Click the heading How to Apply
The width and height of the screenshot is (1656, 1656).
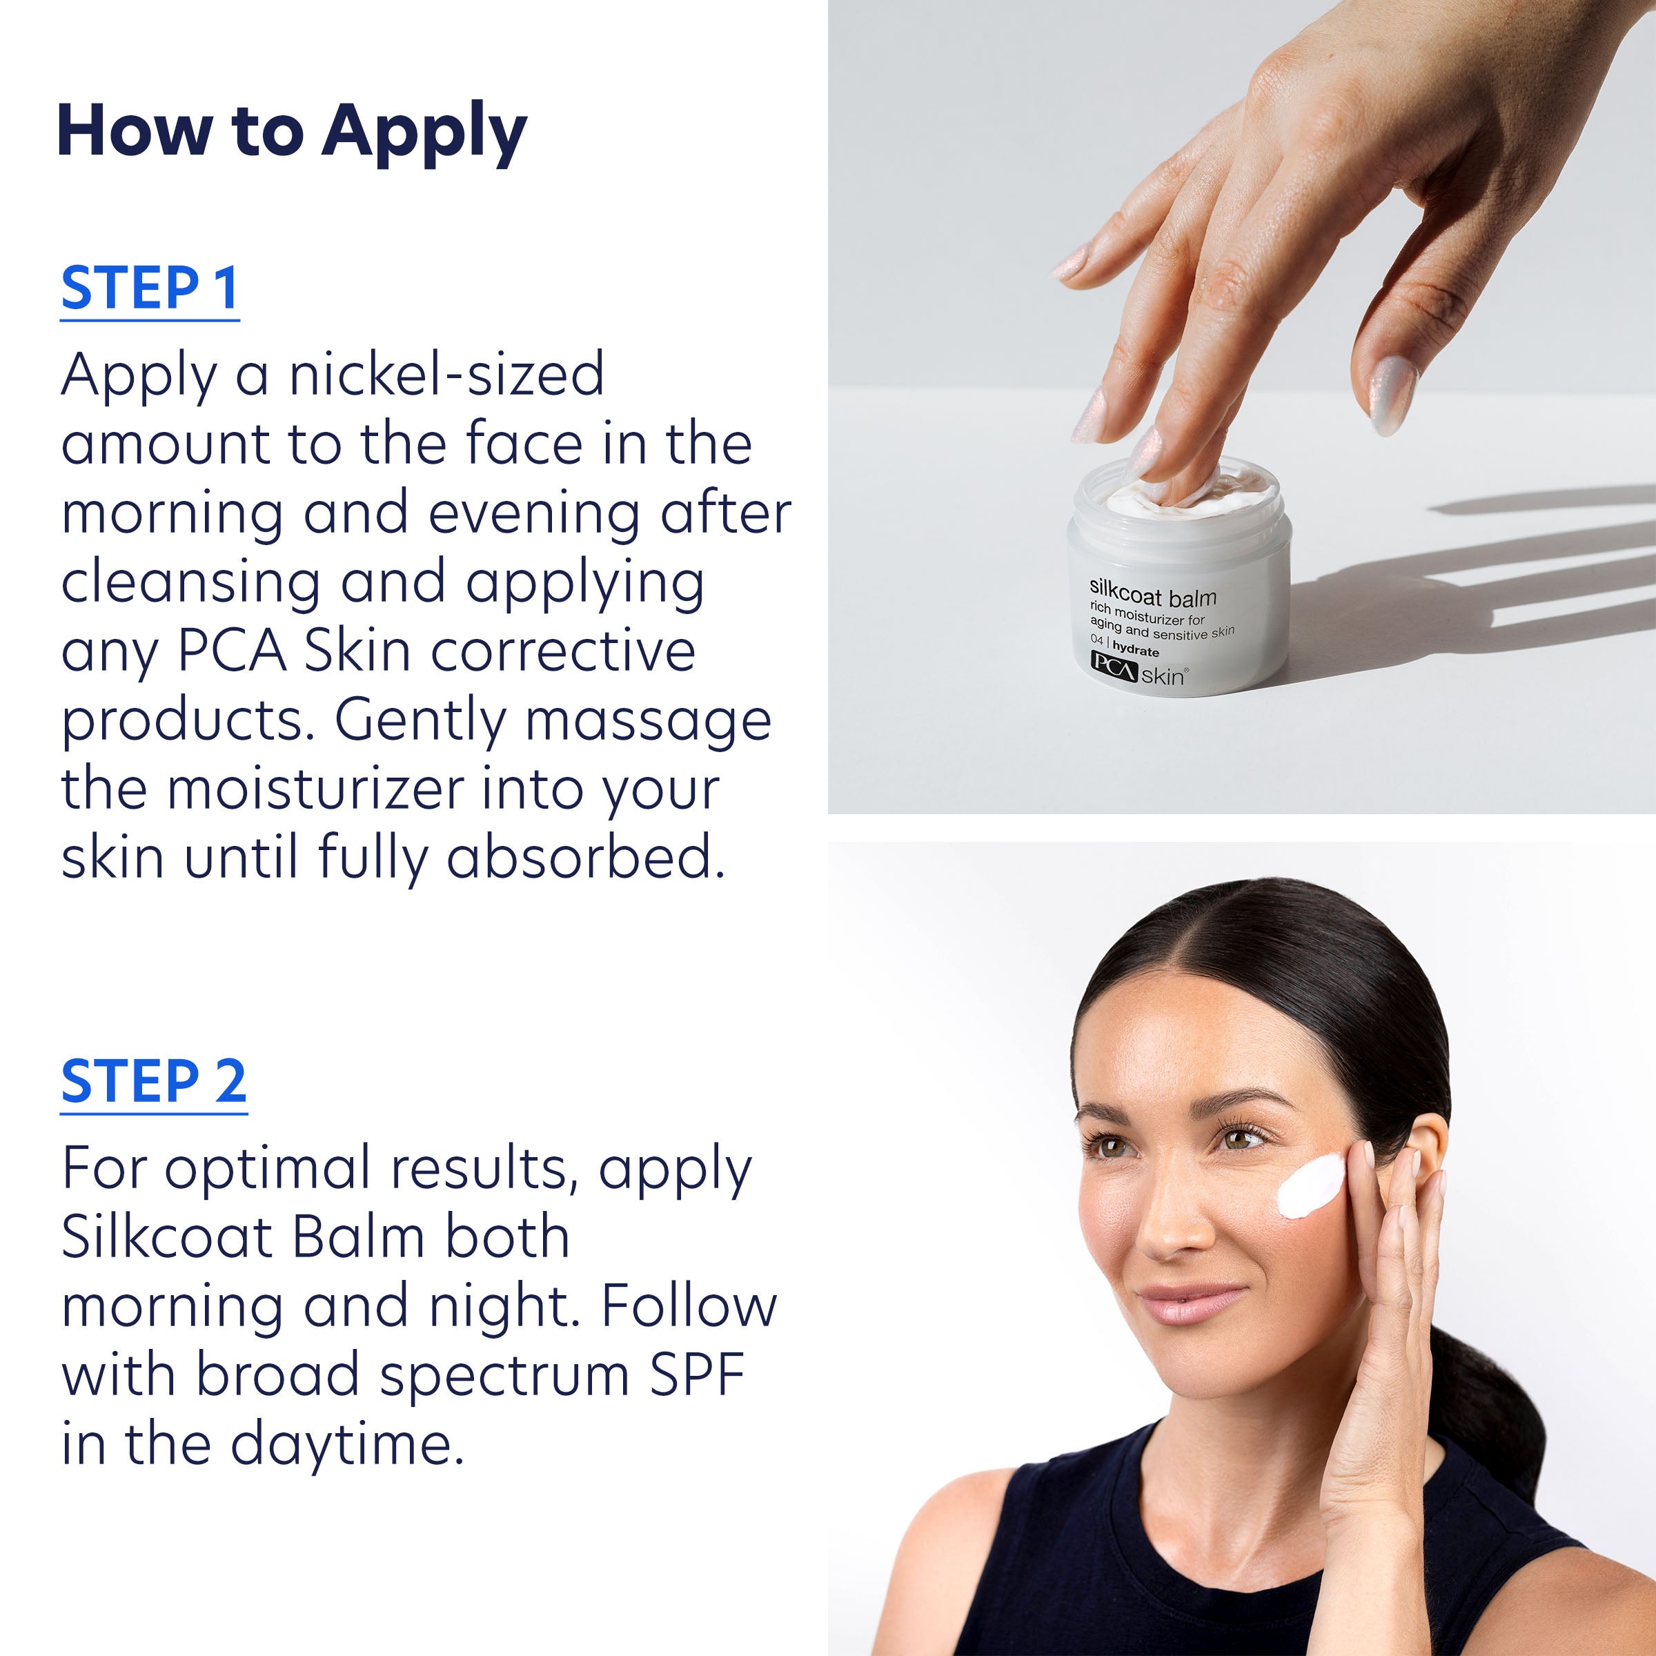(x=291, y=133)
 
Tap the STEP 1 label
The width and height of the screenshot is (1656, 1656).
(x=149, y=289)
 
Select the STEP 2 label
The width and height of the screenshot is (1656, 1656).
(x=153, y=1082)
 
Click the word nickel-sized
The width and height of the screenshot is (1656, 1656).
(x=446, y=375)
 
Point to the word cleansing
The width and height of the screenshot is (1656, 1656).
(x=190, y=584)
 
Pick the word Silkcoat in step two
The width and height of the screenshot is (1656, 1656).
(x=166, y=1238)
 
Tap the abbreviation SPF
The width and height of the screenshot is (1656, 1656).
(x=696, y=1376)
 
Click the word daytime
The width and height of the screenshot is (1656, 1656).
(x=346, y=1445)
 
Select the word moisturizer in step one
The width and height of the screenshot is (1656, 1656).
(x=315, y=789)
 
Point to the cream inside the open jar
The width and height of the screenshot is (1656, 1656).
(x=1234, y=495)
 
